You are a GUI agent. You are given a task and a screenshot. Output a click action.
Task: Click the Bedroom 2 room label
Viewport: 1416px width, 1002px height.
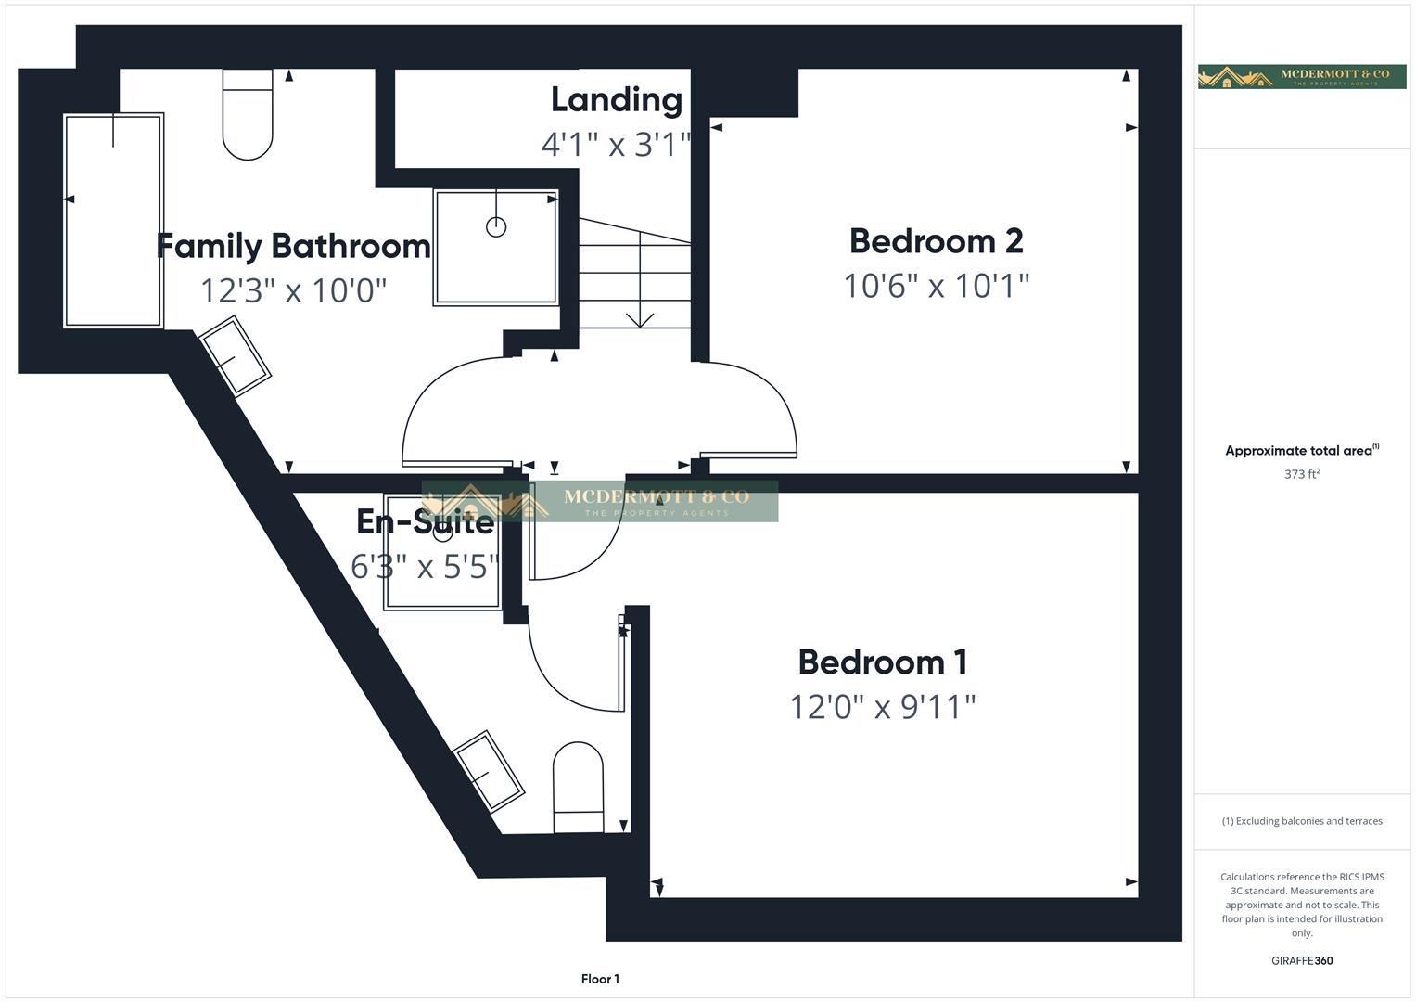tap(936, 241)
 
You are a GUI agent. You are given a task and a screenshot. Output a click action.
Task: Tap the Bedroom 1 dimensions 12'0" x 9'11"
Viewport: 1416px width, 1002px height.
tap(882, 707)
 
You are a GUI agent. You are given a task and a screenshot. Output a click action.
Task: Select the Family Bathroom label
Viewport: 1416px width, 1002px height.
tap(293, 246)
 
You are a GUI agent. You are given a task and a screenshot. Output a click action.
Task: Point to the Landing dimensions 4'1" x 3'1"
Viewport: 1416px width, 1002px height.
tap(617, 144)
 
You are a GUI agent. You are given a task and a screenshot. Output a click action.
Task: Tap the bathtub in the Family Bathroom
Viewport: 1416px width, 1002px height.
tap(113, 220)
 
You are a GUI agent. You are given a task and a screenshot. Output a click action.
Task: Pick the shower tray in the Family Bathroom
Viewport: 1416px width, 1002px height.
tap(496, 247)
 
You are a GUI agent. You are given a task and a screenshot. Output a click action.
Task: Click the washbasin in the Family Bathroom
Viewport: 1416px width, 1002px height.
tap(236, 356)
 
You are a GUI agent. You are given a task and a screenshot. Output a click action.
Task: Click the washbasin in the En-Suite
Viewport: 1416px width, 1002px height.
tap(489, 770)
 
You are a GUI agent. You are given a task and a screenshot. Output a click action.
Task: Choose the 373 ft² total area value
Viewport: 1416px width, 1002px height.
tap(1302, 474)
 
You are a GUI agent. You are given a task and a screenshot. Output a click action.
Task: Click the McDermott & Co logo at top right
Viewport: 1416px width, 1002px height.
tap(1302, 77)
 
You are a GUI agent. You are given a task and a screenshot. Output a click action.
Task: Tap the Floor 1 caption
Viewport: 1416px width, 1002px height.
tap(600, 979)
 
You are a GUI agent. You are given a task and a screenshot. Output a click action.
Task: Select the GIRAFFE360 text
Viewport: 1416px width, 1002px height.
tap(1302, 960)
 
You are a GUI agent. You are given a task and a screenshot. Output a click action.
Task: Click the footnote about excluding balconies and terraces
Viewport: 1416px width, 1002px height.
tap(1302, 821)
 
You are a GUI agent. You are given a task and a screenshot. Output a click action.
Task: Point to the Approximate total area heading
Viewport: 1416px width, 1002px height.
tap(1301, 451)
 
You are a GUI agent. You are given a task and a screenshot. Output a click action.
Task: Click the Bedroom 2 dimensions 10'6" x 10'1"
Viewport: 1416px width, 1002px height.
tap(936, 286)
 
